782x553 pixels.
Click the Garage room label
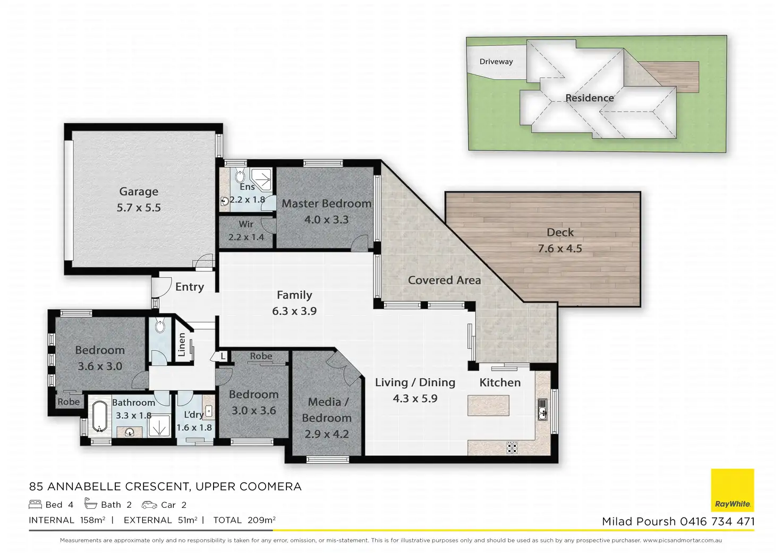(139, 191)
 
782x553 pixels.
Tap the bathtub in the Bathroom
(99, 417)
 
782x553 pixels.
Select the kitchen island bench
(488, 405)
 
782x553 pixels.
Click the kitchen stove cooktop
(512, 448)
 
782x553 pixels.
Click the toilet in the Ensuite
(240, 176)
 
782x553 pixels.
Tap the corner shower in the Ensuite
(261, 180)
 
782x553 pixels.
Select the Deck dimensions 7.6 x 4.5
(559, 249)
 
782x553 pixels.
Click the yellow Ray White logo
(733, 490)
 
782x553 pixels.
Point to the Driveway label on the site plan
(496, 62)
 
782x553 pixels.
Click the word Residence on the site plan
(589, 98)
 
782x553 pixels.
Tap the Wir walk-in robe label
(246, 224)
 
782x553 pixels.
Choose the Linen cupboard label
(182, 345)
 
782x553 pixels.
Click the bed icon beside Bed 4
(35, 504)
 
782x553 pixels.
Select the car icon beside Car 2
(149, 505)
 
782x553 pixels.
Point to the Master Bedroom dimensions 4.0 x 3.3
(326, 219)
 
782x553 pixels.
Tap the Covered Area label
(444, 280)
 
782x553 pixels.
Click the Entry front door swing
(162, 287)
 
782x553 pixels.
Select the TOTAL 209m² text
(244, 520)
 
